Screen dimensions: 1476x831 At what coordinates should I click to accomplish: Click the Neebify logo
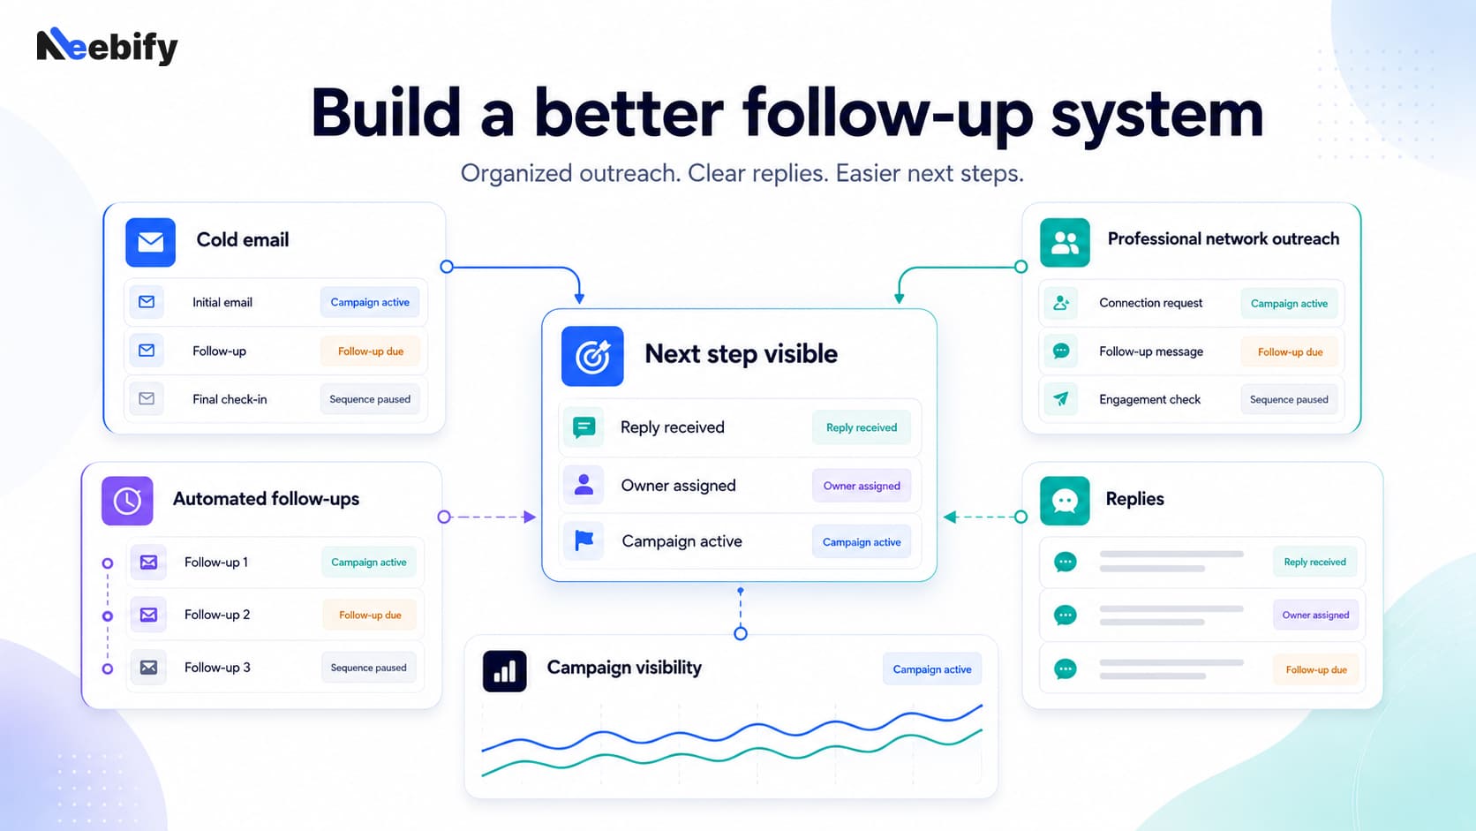(x=108, y=46)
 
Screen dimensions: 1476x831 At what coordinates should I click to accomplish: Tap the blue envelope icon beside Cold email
(x=150, y=242)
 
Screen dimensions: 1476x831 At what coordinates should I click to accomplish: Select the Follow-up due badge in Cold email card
(x=370, y=351)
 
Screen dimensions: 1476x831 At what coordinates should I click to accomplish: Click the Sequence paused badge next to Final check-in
(x=370, y=399)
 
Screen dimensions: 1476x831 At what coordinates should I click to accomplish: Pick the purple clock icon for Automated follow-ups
(x=127, y=501)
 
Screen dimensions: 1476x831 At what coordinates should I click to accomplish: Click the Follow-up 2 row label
(x=217, y=615)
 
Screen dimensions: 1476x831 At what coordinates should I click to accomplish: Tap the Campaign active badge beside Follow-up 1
(x=368, y=563)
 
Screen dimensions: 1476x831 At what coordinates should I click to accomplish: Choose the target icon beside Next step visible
(x=592, y=356)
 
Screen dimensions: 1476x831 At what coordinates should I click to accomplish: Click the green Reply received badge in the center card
(x=862, y=427)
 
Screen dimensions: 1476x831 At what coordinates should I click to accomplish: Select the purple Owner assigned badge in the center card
(x=862, y=486)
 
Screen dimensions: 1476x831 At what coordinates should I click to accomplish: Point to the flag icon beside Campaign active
(x=584, y=541)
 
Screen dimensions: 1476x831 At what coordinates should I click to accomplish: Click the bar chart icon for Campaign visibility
(x=505, y=671)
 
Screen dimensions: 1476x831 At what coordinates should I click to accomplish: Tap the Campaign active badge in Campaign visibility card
(x=931, y=669)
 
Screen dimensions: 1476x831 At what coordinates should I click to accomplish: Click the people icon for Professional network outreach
(x=1065, y=243)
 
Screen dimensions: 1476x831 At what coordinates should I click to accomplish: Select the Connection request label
(x=1150, y=303)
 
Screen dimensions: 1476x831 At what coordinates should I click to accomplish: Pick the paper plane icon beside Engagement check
(x=1061, y=398)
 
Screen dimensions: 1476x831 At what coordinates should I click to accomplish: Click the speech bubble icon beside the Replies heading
(x=1065, y=501)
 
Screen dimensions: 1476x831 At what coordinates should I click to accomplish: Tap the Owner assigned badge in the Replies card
(x=1315, y=615)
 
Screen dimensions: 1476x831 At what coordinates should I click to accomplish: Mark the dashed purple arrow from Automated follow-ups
(x=487, y=517)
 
